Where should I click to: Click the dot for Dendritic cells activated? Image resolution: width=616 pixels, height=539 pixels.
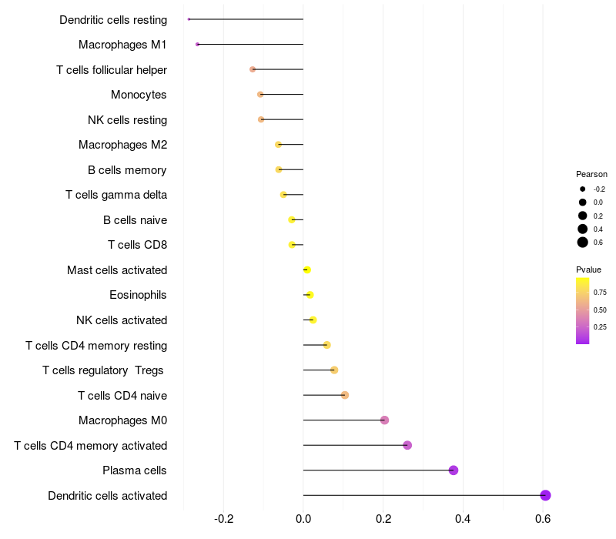tap(545, 495)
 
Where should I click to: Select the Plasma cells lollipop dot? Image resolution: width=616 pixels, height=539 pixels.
tap(454, 470)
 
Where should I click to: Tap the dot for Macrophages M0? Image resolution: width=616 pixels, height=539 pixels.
tap(384, 420)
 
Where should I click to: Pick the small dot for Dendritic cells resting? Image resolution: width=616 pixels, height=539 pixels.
tap(189, 19)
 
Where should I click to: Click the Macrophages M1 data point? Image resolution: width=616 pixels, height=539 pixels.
tap(197, 45)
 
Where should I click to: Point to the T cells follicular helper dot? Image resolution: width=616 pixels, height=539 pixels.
tap(253, 69)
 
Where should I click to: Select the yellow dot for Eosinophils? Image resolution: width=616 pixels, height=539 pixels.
tap(310, 295)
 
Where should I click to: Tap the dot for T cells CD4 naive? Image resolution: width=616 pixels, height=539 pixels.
tap(345, 395)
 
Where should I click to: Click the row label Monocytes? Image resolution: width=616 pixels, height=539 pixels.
tap(139, 95)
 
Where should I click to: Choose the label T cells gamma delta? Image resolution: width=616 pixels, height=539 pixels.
tap(116, 195)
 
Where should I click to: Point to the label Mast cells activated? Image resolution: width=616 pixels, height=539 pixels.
tap(117, 270)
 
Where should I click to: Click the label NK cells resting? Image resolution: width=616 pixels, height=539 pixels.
tap(127, 120)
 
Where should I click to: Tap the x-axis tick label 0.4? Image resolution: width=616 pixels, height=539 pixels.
tap(463, 519)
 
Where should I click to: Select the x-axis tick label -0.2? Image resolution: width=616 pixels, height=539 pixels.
tap(224, 519)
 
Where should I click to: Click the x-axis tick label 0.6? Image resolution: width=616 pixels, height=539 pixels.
tap(543, 519)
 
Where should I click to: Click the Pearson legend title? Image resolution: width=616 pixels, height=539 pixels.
tap(591, 174)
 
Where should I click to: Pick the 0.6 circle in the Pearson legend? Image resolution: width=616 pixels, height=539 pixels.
tap(583, 243)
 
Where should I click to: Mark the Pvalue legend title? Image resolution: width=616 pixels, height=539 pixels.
tap(588, 269)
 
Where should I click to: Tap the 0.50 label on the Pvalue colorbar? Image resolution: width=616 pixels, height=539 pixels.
tap(600, 310)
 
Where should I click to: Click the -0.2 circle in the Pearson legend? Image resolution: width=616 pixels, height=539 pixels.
tap(583, 189)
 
